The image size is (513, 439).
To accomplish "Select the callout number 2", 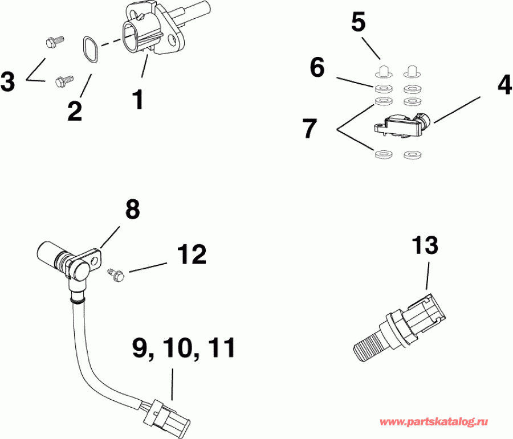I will (75, 110).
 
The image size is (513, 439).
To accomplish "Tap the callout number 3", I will (7, 81).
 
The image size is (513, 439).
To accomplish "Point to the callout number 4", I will (504, 85).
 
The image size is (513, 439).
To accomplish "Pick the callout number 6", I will (317, 68).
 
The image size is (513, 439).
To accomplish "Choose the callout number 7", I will (310, 129).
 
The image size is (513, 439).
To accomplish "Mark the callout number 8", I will (132, 210).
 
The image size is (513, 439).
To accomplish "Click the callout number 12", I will (191, 255).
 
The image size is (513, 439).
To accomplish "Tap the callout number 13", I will (425, 245).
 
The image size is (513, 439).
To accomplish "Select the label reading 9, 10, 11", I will (184, 347).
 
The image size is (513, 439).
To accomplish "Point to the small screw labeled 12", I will (116, 275).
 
